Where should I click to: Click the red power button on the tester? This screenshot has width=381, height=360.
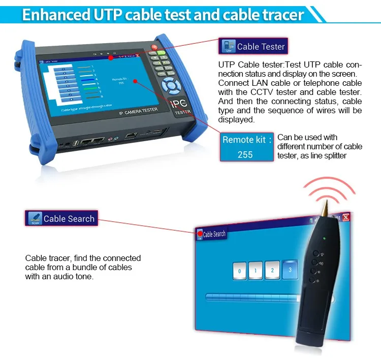(x=154, y=47)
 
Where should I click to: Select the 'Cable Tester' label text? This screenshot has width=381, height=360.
(x=261, y=47)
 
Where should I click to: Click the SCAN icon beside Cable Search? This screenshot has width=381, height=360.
(x=35, y=219)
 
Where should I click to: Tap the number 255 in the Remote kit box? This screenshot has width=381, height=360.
(x=245, y=154)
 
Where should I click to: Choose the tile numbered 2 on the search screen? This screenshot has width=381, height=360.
(x=272, y=271)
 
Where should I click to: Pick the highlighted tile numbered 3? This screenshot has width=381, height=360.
(x=290, y=270)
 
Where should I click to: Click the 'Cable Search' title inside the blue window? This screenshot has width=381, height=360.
(x=214, y=234)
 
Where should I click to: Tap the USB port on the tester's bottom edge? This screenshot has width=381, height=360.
(x=76, y=143)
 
